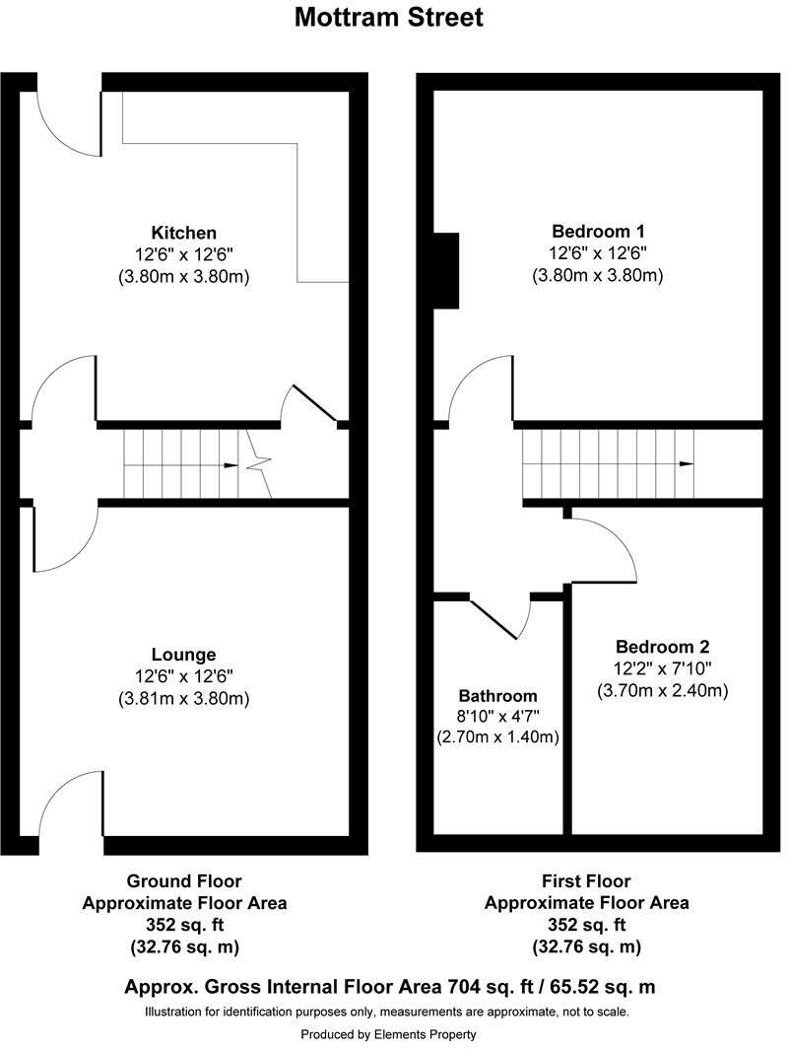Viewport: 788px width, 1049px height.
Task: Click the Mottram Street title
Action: (x=388, y=17)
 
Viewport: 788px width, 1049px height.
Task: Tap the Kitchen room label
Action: (x=184, y=233)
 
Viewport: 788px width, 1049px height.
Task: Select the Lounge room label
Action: (x=184, y=655)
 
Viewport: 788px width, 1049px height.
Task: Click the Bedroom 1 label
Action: (x=598, y=232)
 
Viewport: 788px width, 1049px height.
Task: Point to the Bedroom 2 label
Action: (x=662, y=647)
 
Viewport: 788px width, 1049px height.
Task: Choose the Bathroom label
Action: (x=498, y=696)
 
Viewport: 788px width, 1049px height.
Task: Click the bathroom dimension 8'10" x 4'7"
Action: (x=498, y=717)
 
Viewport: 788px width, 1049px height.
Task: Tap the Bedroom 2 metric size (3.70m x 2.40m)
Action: (x=662, y=690)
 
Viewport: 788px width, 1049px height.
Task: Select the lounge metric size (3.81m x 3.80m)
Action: (x=184, y=698)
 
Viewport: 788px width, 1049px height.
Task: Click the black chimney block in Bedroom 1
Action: (x=446, y=270)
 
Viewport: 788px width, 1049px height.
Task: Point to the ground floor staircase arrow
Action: (x=230, y=465)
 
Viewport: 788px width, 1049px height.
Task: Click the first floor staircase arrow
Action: (x=686, y=464)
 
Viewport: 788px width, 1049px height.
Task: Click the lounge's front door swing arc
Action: (x=60, y=785)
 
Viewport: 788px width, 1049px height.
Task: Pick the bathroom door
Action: (x=494, y=619)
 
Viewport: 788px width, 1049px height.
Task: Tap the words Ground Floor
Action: (x=184, y=881)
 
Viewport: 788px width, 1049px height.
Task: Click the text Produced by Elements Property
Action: (x=388, y=1034)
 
